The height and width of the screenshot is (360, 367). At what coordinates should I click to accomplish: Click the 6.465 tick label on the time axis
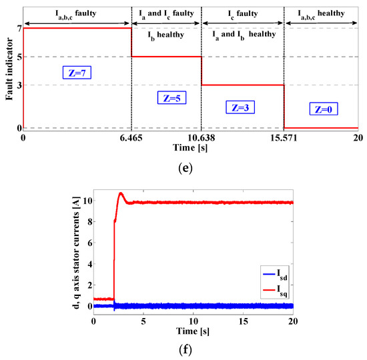[131, 137]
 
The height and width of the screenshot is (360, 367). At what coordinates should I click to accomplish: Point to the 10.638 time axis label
[201, 137]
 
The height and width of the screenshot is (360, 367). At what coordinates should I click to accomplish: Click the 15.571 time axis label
[284, 137]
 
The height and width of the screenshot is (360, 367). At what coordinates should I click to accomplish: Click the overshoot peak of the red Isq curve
[121, 193]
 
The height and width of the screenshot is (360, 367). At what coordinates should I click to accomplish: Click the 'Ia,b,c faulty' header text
[76, 12]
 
